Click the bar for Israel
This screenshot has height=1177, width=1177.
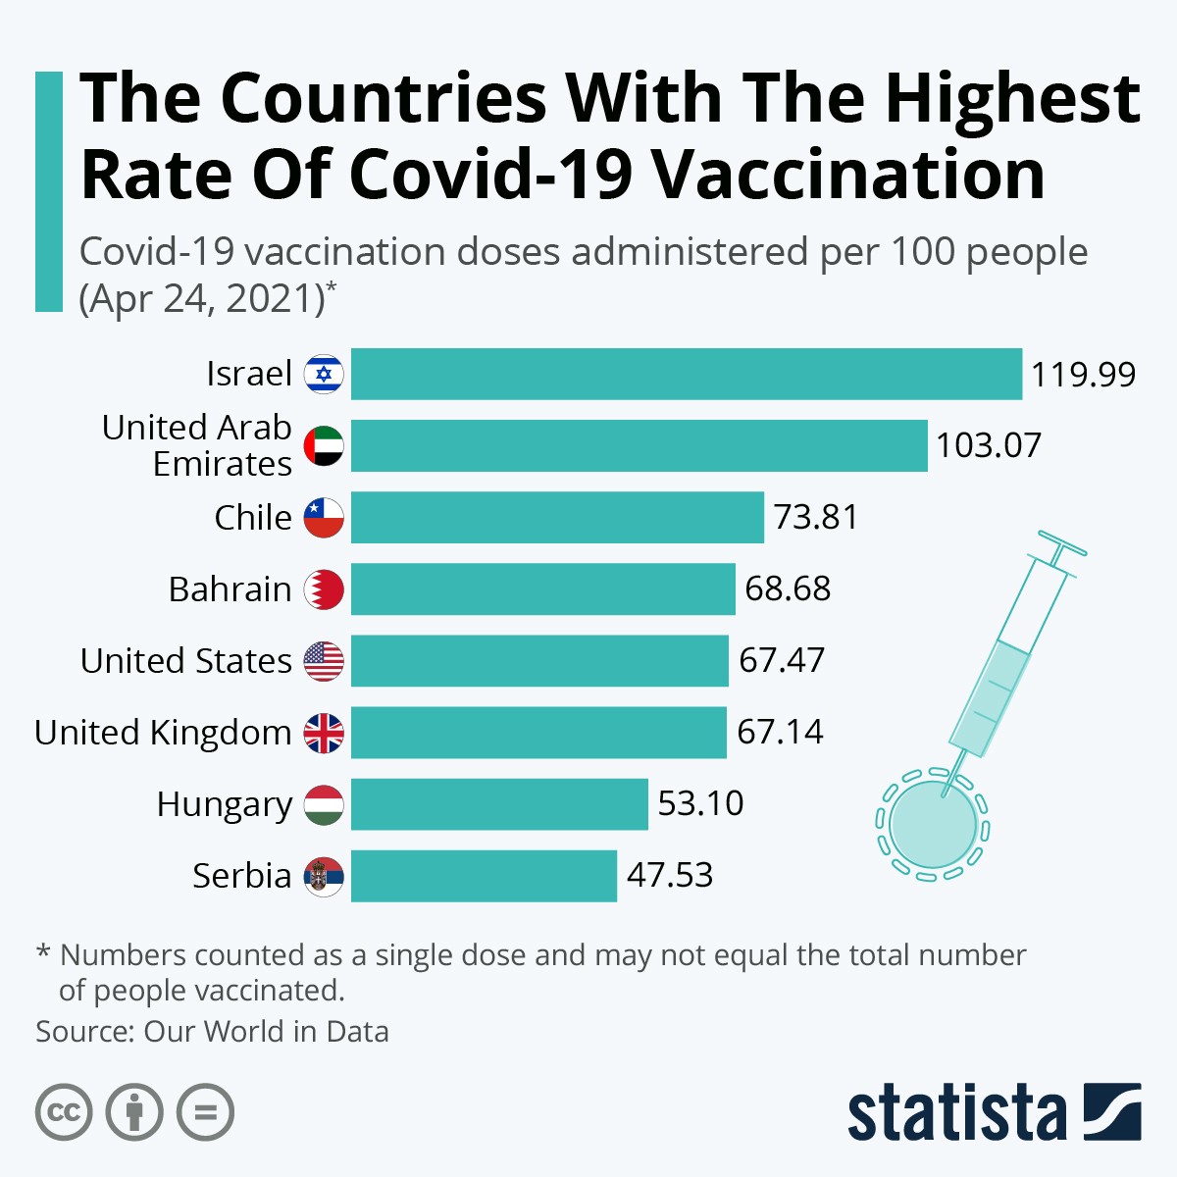pyautogui.click(x=687, y=374)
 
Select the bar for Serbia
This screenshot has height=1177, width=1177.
pyautogui.click(x=484, y=876)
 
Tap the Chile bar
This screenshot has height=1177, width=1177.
pyautogui.click(x=557, y=517)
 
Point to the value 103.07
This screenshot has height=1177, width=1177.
pyautogui.click(x=988, y=445)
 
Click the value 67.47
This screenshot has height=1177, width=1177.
pyautogui.click(x=781, y=660)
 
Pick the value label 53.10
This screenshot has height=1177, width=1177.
pyautogui.click(x=700, y=803)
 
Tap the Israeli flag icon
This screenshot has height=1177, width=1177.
pyautogui.click(x=324, y=374)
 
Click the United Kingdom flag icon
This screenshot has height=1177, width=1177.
pyautogui.click(x=324, y=733)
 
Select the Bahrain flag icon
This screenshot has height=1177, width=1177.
pyautogui.click(x=324, y=589)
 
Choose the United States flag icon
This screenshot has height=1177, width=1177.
pyautogui.click(x=324, y=661)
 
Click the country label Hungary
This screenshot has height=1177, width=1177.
pyautogui.click(x=224, y=804)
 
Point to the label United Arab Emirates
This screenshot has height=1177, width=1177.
pyautogui.click(x=197, y=445)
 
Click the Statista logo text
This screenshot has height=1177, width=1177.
pyautogui.click(x=956, y=1113)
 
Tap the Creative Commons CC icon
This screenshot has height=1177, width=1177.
pyautogui.click(x=64, y=1112)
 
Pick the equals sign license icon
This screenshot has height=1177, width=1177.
pyautogui.click(x=205, y=1112)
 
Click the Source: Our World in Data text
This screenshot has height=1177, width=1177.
pyautogui.click(x=212, y=1032)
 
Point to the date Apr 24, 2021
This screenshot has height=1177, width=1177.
pyautogui.click(x=202, y=298)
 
